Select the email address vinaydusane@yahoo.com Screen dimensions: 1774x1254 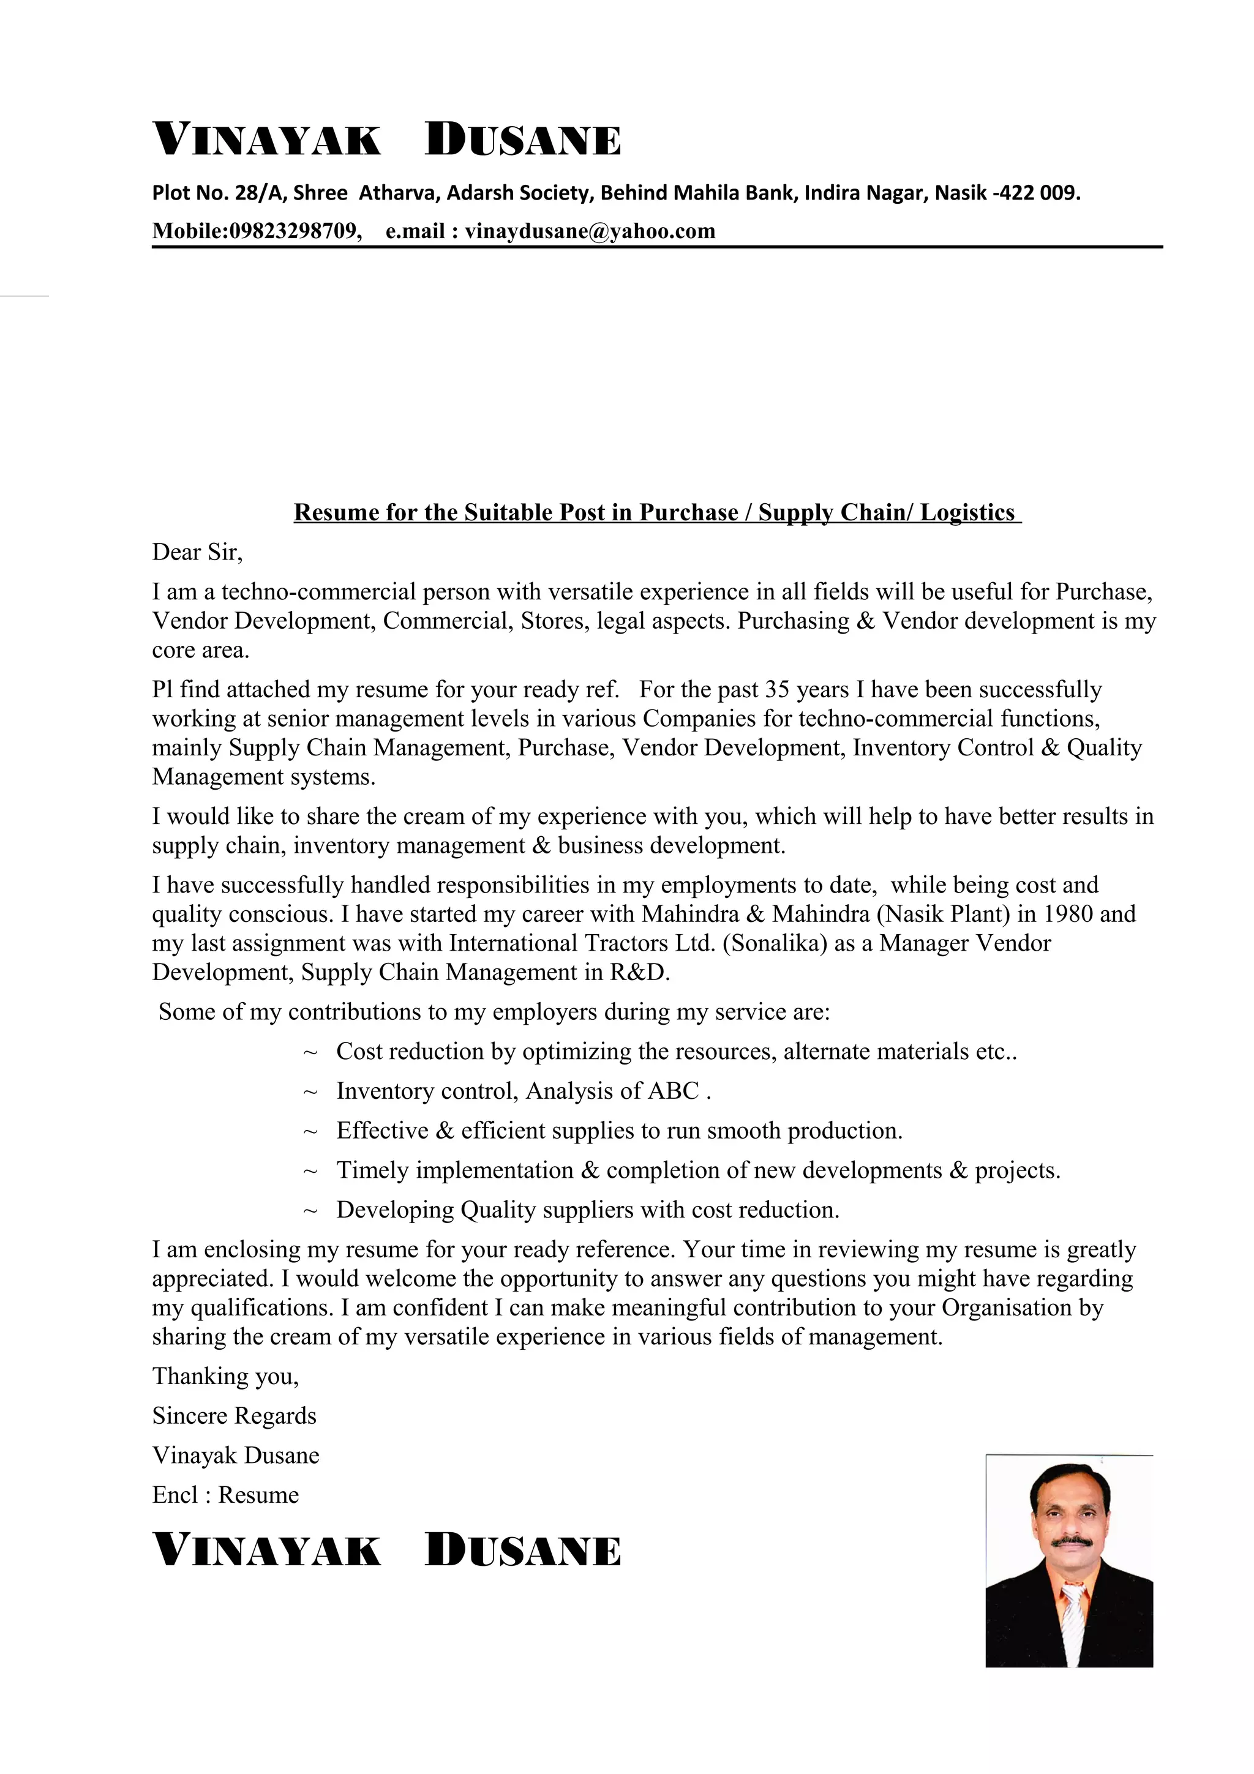[x=590, y=231]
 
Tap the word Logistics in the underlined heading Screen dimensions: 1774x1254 [x=967, y=512]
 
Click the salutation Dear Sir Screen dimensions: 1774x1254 [x=197, y=552]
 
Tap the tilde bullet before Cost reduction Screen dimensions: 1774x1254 [x=310, y=1052]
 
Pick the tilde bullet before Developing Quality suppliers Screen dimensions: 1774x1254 [x=310, y=1211]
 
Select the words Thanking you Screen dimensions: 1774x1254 [x=225, y=1375]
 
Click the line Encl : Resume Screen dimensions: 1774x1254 [x=225, y=1494]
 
